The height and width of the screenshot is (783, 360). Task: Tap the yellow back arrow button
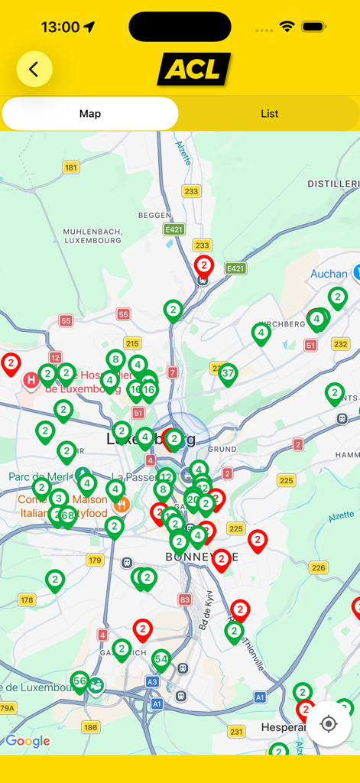click(34, 70)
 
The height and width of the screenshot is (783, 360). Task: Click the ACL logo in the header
click(194, 70)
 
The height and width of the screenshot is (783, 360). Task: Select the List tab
click(269, 114)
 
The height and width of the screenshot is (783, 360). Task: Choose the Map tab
click(90, 114)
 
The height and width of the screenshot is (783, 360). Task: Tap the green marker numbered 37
click(228, 374)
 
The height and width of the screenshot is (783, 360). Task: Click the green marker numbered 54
click(161, 659)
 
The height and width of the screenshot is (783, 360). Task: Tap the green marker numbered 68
click(68, 515)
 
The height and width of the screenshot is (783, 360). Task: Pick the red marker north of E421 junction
click(203, 266)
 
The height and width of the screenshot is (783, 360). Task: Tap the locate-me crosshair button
click(329, 723)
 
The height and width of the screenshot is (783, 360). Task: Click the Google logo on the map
click(28, 741)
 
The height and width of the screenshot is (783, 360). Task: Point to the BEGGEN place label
click(154, 216)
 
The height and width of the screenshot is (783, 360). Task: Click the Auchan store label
click(329, 274)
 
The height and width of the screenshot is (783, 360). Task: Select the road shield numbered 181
click(71, 167)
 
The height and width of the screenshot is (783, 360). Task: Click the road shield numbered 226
click(319, 567)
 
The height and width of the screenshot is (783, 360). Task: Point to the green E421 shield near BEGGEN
click(174, 229)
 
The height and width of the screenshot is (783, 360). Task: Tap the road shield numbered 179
click(95, 560)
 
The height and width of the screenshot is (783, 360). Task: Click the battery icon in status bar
click(313, 27)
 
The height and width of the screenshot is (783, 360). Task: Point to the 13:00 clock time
click(60, 27)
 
